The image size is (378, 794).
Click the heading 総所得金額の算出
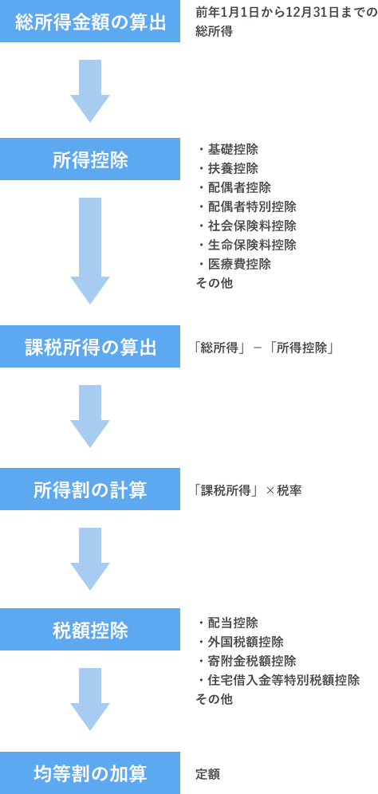91,22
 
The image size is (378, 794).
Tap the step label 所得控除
90,160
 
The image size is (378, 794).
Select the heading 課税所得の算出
91,348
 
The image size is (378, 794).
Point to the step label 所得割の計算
90,489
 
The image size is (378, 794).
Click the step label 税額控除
90,631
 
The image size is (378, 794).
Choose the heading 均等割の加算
90,773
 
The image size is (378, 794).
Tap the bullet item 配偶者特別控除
251,206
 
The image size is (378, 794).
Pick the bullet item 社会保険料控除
251,226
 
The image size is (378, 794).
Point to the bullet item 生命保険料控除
251,245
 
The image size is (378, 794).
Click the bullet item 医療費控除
238,264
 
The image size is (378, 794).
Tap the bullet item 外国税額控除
245,642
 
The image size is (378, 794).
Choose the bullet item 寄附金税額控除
251,661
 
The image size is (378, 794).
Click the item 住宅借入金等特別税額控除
283,680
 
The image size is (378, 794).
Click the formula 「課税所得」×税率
248,490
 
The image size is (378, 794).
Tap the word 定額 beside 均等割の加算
207,774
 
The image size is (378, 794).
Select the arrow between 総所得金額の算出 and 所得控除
90,92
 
